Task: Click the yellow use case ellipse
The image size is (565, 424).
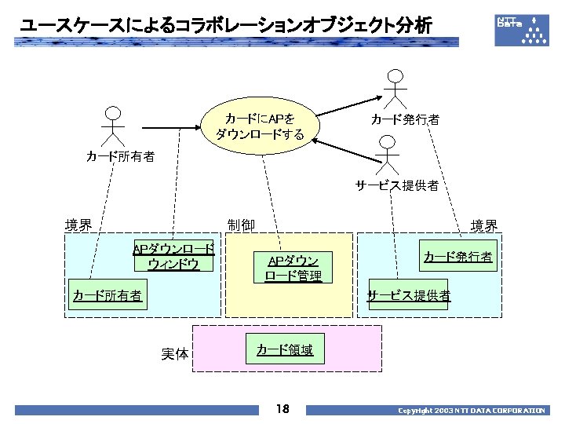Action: coord(260,126)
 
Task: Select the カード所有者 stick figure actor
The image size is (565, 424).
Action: coord(114,126)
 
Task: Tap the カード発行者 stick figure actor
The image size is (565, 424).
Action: coord(395,90)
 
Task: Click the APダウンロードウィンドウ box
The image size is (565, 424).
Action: coord(173,256)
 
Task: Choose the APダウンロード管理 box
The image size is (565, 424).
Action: coord(293,268)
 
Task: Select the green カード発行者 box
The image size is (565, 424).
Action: coord(458,257)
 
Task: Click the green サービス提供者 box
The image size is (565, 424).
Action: coord(408,295)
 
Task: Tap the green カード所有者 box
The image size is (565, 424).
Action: coord(108,295)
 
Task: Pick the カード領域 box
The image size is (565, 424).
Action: coord(285,349)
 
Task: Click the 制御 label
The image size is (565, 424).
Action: coord(240,225)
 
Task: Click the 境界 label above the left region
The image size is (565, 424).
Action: coord(78,225)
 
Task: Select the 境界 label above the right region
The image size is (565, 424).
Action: coord(483,226)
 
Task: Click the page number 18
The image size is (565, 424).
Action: coord(282,409)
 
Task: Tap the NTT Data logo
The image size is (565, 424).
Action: coord(522,29)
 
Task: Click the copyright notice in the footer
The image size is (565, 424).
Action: coord(471,410)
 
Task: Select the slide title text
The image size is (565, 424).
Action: coord(226,27)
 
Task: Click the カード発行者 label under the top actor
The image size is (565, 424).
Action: coord(405,119)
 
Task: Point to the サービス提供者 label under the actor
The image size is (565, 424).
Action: coord(396,185)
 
